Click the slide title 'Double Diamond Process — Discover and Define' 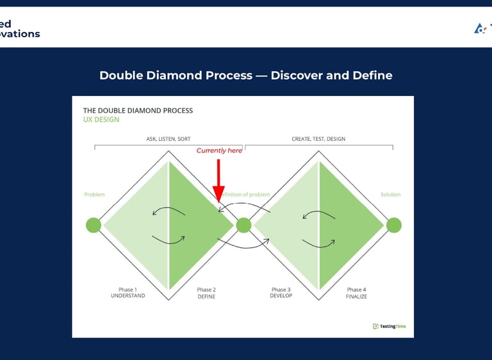(x=246, y=76)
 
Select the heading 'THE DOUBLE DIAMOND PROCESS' (x=138, y=110)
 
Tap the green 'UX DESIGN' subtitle (x=101, y=120)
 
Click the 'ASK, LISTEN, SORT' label (x=168, y=139)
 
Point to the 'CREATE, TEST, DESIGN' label (x=318, y=139)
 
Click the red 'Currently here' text (x=219, y=151)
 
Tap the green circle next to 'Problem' (x=94, y=225)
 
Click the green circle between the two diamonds (x=243, y=225)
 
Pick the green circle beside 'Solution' (x=393, y=225)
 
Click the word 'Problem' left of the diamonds (x=94, y=195)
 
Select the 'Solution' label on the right (x=390, y=195)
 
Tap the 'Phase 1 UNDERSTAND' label (x=128, y=293)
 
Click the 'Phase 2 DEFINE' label (x=206, y=293)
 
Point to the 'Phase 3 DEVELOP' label (x=281, y=293)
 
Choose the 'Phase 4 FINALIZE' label (x=357, y=293)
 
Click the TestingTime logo (x=389, y=326)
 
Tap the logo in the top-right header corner (x=482, y=28)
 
